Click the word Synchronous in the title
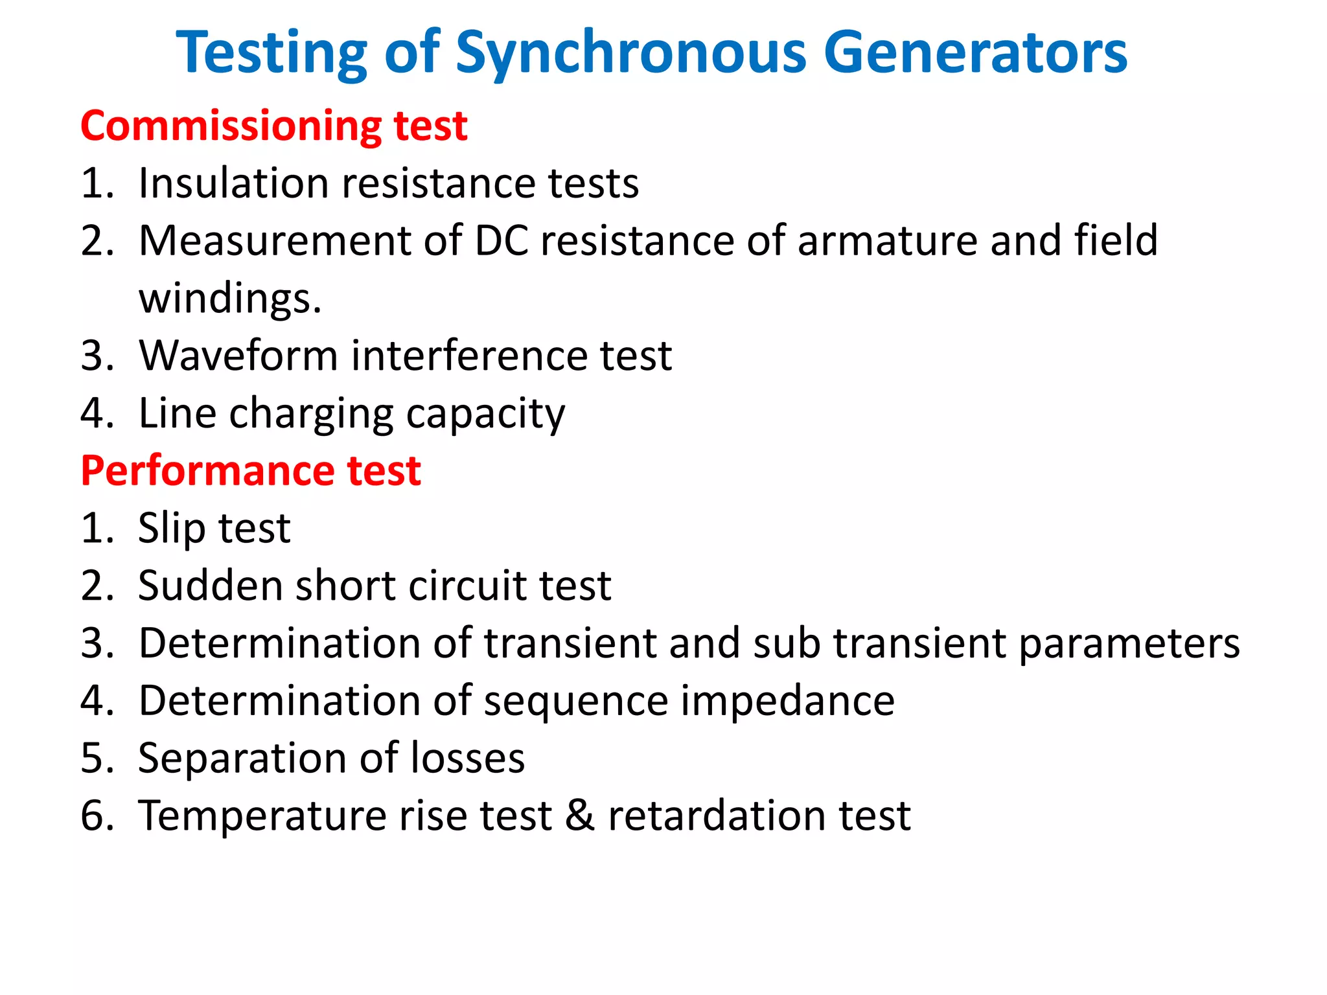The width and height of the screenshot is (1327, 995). click(631, 53)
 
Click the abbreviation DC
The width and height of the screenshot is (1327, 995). click(501, 240)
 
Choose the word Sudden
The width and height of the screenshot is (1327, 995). click(210, 586)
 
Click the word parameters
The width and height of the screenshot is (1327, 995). click(1129, 643)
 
